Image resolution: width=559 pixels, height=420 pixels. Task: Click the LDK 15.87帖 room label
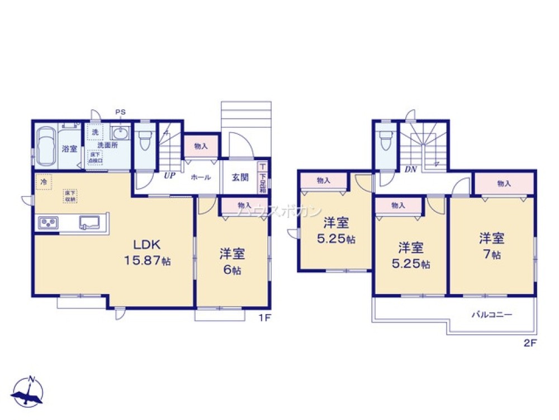click(x=147, y=252)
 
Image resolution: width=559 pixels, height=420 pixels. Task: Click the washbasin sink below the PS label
click(x=120, y=133)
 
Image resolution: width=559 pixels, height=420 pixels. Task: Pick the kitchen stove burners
click(x=48, y=223)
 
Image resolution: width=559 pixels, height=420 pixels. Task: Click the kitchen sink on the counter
click(x=89, y=222)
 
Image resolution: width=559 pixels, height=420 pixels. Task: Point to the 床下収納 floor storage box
click(x=70, y=196)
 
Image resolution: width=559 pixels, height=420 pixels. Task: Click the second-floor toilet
click(x=385, y=140)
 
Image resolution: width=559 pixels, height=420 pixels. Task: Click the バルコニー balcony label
click(x=491, y=315)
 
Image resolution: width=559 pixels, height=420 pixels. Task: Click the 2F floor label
click(x=530, y=344)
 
